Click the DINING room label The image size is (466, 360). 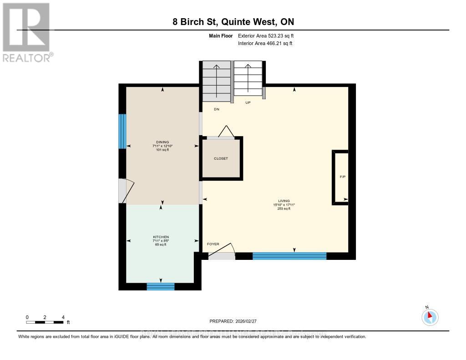pyautogui.click(x=162, y=142)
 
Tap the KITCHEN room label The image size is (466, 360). pyautogui.click(x=161, y=237)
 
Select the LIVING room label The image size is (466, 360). pyautogui.click(x=284, y=201)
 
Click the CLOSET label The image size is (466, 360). pyautogui.click(x=221, y=158)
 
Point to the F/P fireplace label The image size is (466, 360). pyautogui.click(x=342, y=176)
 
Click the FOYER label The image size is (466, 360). pyautogui.click(x=213, y=244)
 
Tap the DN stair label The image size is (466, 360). pyautogui.click(x=217, y=109)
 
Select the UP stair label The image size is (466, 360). pyautogui.click(x=248, y=103)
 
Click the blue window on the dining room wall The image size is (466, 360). pyautogui.click(x=122, y=131)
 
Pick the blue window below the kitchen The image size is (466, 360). pyautogui.click(x=161, y=286)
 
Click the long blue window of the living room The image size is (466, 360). pyautogui.click(x=289, y=256)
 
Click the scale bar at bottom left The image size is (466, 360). pyautogui.click(x=45, y=322)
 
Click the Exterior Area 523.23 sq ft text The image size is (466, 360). pyautogui.click(x=269, y=35)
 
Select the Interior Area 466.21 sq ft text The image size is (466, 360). pyautogui.click(x=265, y=43)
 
